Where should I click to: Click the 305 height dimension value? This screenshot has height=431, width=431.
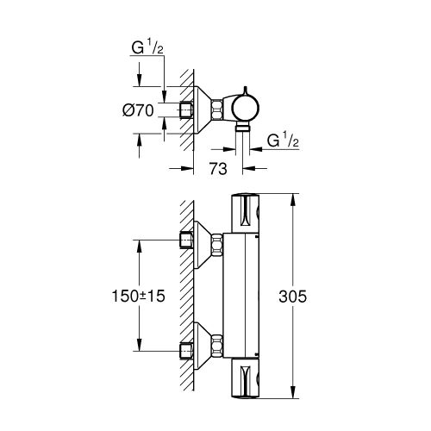coord(317,295)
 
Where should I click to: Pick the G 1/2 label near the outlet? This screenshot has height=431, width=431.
coord(283,140)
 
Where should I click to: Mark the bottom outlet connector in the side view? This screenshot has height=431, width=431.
coord(245,128)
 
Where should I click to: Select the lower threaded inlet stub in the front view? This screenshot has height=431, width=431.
coord(188,348)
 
